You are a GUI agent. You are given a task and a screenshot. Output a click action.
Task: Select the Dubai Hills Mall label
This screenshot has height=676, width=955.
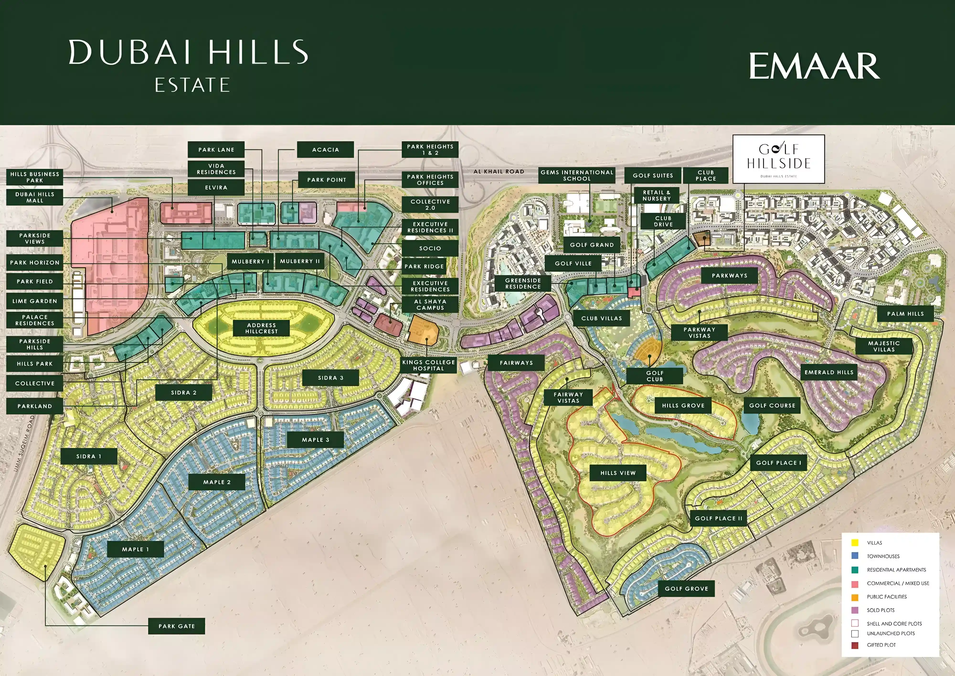click(35, 197)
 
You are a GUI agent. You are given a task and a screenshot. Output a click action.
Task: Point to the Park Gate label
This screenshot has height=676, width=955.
click(176, 626)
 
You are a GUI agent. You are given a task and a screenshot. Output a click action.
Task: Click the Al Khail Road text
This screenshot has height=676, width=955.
click(499, 172)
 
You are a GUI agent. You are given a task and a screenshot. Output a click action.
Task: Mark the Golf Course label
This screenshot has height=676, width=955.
click(772, 405)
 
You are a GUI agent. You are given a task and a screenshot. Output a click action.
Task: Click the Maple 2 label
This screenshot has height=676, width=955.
click(217, 482)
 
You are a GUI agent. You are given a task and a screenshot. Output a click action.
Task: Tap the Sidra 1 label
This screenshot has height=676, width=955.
click(89, 456)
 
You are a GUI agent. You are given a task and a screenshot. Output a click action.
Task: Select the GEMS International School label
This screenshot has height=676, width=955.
click(577, 175)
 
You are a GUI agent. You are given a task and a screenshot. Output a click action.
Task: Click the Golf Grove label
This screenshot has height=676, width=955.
click(686, 589)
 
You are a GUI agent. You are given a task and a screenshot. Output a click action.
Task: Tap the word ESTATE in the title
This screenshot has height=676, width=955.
click(192, 85)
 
